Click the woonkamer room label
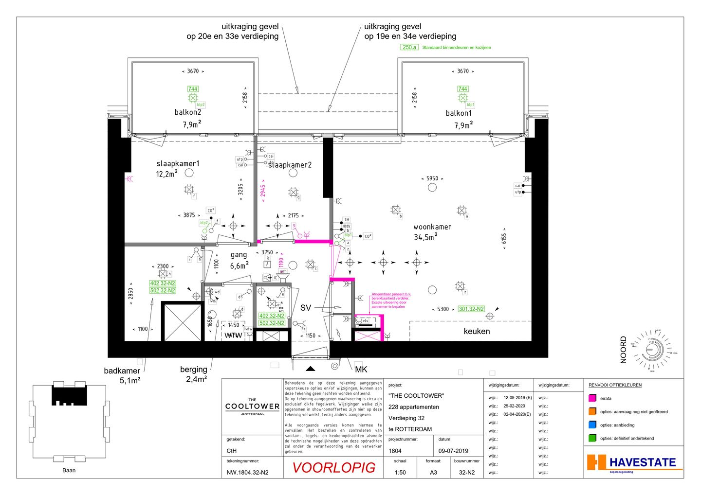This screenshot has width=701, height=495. pyautogui.click(x=432, y=227)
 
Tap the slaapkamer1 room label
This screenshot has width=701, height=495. pyautogui.click(x=178, y=163)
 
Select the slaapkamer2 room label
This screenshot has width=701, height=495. pyautogui.click(x=290, y=165)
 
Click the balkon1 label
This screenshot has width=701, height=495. pyautogui.click(x=459, y=113)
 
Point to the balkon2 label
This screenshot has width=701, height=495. pyautogui.click(x=188, y=112)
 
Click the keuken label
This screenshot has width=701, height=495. pyautogui.click(x=477, y=332)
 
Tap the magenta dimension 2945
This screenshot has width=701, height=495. pyautogui.click(x=263, y=191)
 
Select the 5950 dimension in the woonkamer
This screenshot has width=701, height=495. pyautogui.click(x=432, y=178)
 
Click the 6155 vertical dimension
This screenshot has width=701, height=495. pyautogui.click(x=504, y=238)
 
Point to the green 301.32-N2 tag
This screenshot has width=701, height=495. pyautogui.click(x=471, y=309)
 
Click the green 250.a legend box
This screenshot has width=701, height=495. pyautogui.click(x=409, y=47)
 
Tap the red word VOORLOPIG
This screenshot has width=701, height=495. pyautogui.click(x=334, y=468)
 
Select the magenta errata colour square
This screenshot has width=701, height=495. pyautogui.click(x=592, y=398)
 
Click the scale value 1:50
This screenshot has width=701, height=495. pyautogui.click(x=400, y=472)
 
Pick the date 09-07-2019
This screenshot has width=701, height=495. pyautogui.click(x=453, y=451)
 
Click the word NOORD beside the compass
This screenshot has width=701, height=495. pyautogui.click(x=624, y=350)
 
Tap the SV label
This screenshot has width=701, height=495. pyautogui.click(x=305, y=308)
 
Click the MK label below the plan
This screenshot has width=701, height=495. pyautogui.click(x=361, y=370)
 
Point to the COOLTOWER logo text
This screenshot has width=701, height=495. pyautogui.click(x=252, y=407)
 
